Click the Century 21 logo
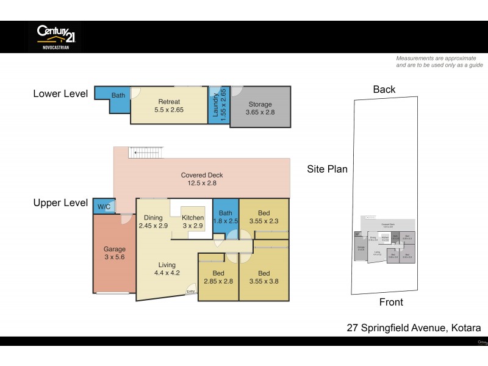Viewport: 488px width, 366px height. (x=55, y=37)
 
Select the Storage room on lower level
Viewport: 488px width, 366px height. (x=259, y=108)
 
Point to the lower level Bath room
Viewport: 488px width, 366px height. (x=118, y=96)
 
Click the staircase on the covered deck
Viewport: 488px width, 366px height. (x=146, y=152)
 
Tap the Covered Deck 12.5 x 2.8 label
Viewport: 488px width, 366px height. (x=199, y=179)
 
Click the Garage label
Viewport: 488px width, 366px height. (x=114, y=253)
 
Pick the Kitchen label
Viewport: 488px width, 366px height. (x=193, y=221)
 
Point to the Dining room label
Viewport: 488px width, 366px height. (x=153, y=221)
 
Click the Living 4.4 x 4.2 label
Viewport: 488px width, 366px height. (x=167, y=269)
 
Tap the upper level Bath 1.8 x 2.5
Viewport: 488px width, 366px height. (x=225, y=217)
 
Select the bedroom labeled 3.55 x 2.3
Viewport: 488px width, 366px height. (x=264, y=217)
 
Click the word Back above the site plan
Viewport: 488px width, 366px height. (x=384, y=90)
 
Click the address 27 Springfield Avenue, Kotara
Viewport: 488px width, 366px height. (x=414, y=328)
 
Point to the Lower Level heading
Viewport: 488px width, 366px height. (x=60, y=93)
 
